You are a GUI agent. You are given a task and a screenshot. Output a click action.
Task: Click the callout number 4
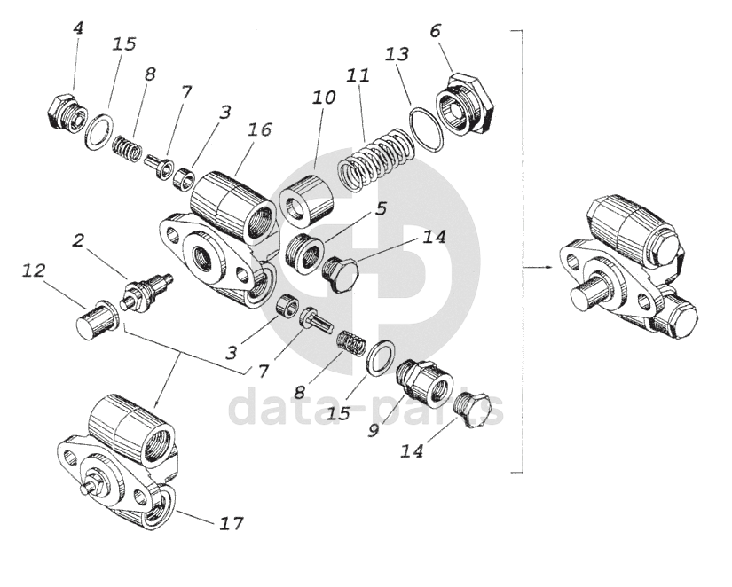(x=79, y=28)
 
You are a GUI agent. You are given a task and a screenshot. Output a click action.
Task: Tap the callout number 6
(x=435, y=31)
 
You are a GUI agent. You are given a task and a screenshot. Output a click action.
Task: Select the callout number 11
(x=358, y=76)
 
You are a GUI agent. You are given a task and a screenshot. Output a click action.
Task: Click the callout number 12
(x=34, y=270)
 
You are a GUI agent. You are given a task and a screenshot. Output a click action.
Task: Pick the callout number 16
(x=259, y=129)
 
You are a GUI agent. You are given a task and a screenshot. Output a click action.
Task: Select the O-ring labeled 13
(x=428, y=127)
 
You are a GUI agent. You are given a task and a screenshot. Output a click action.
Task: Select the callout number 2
(x=79, y=239)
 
